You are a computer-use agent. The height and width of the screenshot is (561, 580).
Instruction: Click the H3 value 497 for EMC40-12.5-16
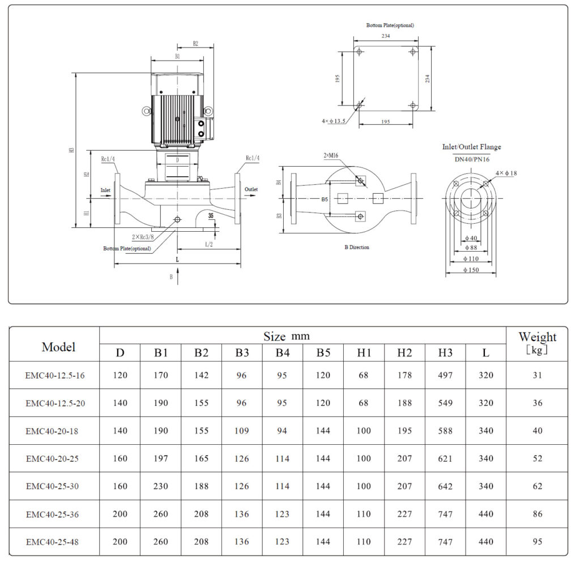pos(445,375)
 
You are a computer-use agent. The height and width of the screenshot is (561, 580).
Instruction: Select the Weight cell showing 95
pos(537,542)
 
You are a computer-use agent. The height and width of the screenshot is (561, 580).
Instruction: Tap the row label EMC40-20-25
pos(52,458)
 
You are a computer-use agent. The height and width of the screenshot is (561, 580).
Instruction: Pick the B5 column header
pos(323,353)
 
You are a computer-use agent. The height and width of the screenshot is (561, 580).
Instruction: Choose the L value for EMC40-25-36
pos(485,514)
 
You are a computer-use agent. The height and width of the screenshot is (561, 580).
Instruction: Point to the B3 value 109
pos(242,431)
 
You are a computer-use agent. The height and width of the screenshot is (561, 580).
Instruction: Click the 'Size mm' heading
pos(287,337)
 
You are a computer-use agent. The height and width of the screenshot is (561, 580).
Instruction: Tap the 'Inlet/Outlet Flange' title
pos(471,147)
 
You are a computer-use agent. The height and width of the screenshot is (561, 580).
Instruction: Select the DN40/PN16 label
pos(471,160)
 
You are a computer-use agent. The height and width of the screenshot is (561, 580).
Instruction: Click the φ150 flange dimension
pos(471,269)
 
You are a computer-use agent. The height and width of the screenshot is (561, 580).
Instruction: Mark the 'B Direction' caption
pos(357,247)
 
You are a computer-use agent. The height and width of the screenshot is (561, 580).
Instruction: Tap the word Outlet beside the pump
pos(251,189)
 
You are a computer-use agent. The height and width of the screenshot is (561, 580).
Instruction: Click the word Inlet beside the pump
pos(105,190)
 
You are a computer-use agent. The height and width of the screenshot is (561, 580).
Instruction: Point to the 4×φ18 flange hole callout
pos(506,173)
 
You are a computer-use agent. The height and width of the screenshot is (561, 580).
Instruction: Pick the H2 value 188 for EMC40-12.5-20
pos(404,403)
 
